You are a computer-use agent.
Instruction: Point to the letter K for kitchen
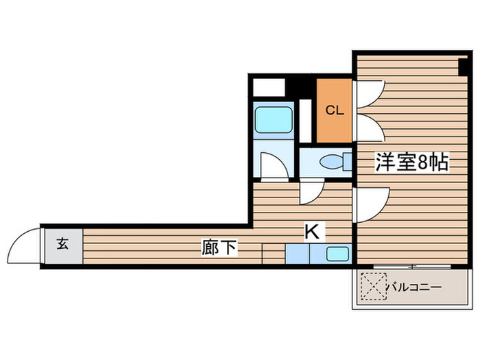click(311, 232)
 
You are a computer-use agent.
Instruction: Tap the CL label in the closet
click(334, 110)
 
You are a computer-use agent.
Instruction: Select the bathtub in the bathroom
click(272, 119)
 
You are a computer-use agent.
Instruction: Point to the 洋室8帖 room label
click(411, 163)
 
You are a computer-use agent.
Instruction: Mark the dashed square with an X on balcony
click(372, 287)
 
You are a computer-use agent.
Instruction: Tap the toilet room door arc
click(311, 192)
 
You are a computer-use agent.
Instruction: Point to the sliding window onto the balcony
click(411, 266)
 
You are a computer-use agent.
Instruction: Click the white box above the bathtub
click(268, 88)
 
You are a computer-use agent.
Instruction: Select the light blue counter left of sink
click(297, 254)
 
